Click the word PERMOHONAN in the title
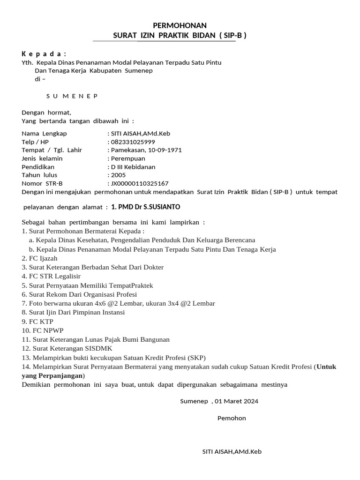180,25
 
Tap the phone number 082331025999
133,142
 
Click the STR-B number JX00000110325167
139,183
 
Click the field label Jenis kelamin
42,158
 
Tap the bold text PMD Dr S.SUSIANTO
150,207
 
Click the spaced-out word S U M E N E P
72,96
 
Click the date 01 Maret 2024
237,401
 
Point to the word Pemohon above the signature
232,418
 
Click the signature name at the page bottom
232,452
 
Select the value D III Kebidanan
133,167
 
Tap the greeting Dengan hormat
46,112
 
